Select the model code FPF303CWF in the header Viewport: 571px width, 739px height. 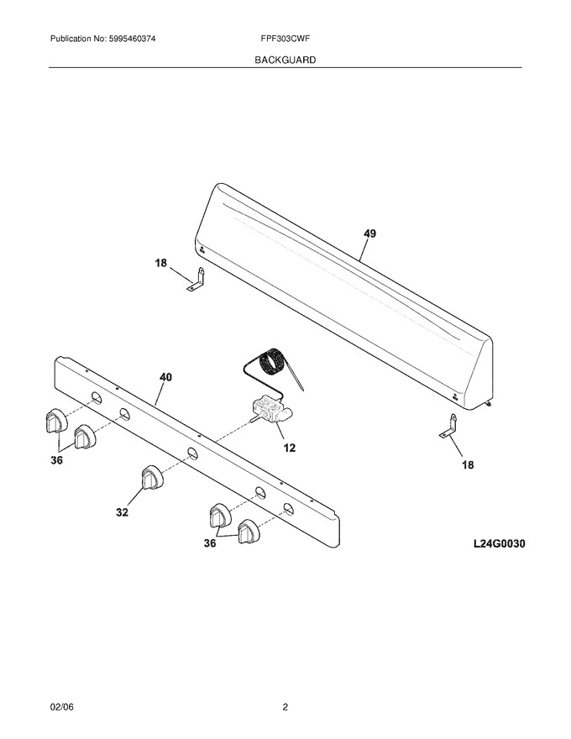[x=285, y=39]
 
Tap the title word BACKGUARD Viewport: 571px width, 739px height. [x=285, y=60]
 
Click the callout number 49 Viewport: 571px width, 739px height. [x=369, y=233]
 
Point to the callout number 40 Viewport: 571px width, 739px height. [x=165, y=376]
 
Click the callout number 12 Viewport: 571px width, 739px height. [x=289, y=448]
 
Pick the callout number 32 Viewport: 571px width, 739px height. [x=122, y=511]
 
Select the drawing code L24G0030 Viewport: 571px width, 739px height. [x=499, y=544]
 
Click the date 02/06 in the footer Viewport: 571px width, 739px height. [x=62, y=707]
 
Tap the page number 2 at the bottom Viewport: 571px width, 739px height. [x=285, y=707]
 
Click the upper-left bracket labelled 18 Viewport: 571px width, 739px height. [x=197, y=280]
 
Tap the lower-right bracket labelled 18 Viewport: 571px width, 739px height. [x=449, y=426]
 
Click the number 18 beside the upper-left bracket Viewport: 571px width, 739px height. [x=161, y=263]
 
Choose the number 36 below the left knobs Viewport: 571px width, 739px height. [x=56, y=460]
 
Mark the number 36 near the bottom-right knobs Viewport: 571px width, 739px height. [x=210, y=543]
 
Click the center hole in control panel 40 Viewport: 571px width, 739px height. [x=191, y=453]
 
